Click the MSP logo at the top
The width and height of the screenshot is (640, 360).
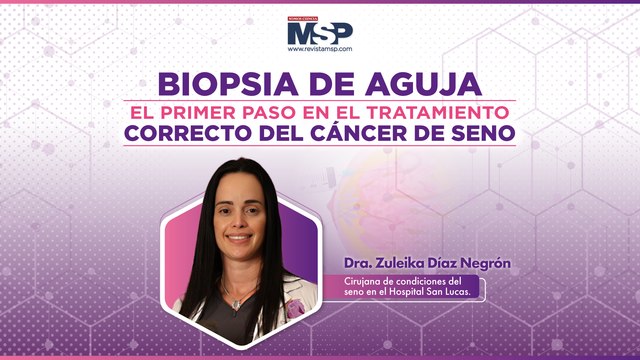pos(319,32)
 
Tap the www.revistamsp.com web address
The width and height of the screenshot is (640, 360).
pos(320,50)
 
